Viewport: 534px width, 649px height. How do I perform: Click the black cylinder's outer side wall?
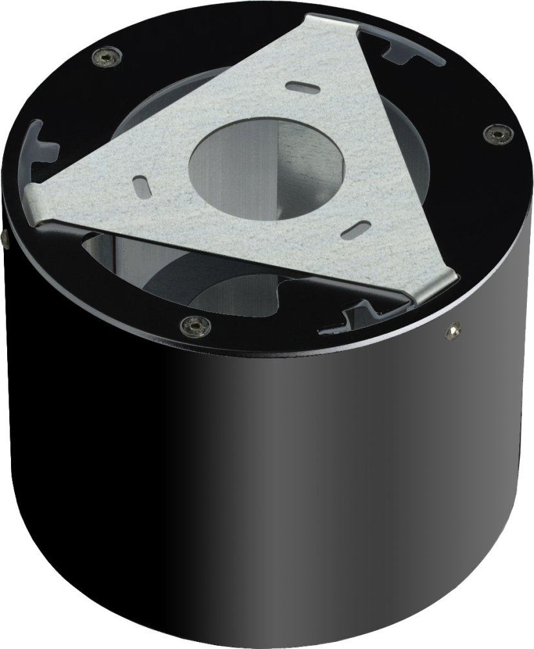tap(259, 487)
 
